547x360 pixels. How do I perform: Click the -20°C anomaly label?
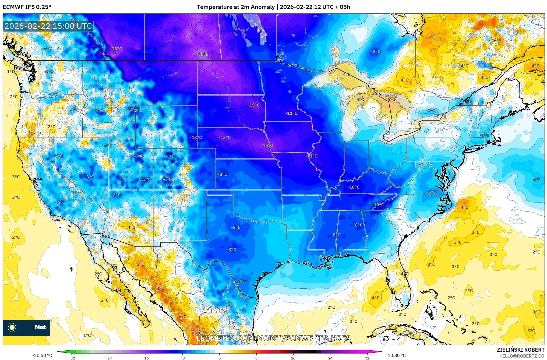pos(203,54)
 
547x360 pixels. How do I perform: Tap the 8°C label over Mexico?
pos(160,288)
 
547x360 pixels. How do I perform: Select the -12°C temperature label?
pos(145,179)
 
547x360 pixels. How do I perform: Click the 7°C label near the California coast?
pos(31,132)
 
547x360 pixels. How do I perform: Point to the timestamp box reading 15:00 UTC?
pos(48,26)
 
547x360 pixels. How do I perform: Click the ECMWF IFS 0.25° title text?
pos(27,7)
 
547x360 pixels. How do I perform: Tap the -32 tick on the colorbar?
pos(72,358)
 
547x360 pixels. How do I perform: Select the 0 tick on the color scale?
pos(219,358)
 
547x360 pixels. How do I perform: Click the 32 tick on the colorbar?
pos(367,358)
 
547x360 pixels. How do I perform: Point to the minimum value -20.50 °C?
pos(42,355)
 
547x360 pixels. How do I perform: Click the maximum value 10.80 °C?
pos(396,355)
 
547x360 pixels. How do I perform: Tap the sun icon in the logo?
pos(12,327)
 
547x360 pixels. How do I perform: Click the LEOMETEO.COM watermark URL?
pos(273,338)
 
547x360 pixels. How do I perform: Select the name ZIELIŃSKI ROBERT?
pos(520,350)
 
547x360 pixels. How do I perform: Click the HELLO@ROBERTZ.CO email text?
pos(522,356)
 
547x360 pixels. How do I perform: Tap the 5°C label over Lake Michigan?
pos(360,100)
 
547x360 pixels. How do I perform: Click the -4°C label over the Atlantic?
pos(536,179)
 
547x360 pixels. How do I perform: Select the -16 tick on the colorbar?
pos(146,358)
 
